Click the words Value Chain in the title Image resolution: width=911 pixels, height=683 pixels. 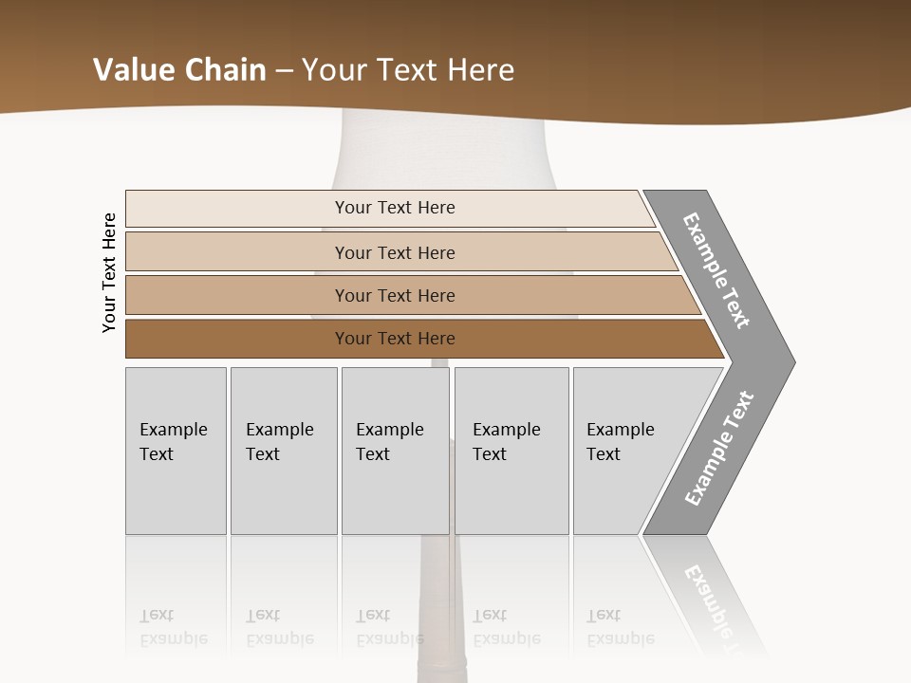[179, 70]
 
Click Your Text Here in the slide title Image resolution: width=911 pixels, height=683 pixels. [408, 70]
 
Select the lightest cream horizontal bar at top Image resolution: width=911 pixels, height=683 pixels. [237, 209]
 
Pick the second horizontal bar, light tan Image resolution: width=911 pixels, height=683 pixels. [237, 252]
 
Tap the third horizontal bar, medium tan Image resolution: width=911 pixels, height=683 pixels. [237, 295]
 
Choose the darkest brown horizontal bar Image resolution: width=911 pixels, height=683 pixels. [237, 339]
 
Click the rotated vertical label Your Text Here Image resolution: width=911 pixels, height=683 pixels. [109, 272]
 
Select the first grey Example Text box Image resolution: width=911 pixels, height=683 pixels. [176, 452]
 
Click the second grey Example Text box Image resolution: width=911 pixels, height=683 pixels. [283, 452]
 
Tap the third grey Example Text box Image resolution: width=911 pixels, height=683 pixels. [395, 452]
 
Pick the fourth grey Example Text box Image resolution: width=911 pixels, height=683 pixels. [511, 452]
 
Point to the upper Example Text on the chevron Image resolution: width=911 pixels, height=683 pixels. [716, 270]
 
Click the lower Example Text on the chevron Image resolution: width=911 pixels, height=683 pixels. [719, 448]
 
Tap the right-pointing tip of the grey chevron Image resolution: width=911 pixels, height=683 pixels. [788, 361]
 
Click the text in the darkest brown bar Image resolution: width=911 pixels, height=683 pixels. [395, 339]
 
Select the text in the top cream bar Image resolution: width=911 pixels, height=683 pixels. [395, 208]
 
